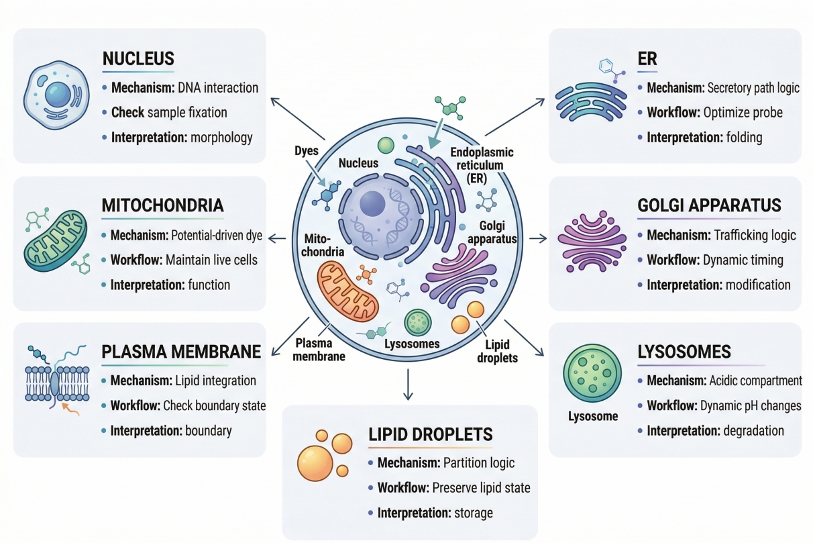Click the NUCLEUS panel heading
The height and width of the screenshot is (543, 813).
point(138,58)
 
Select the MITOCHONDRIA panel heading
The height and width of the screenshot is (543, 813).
point(162,205)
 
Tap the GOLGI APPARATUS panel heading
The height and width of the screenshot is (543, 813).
point(708,205)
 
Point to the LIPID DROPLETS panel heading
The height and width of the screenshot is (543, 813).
point(431,434)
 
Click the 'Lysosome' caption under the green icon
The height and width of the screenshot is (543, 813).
point(592,416)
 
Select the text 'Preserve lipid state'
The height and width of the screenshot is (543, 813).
point(481,488)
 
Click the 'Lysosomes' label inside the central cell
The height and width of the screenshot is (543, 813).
point(413,344)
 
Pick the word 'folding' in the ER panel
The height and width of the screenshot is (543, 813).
point(744,138)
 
